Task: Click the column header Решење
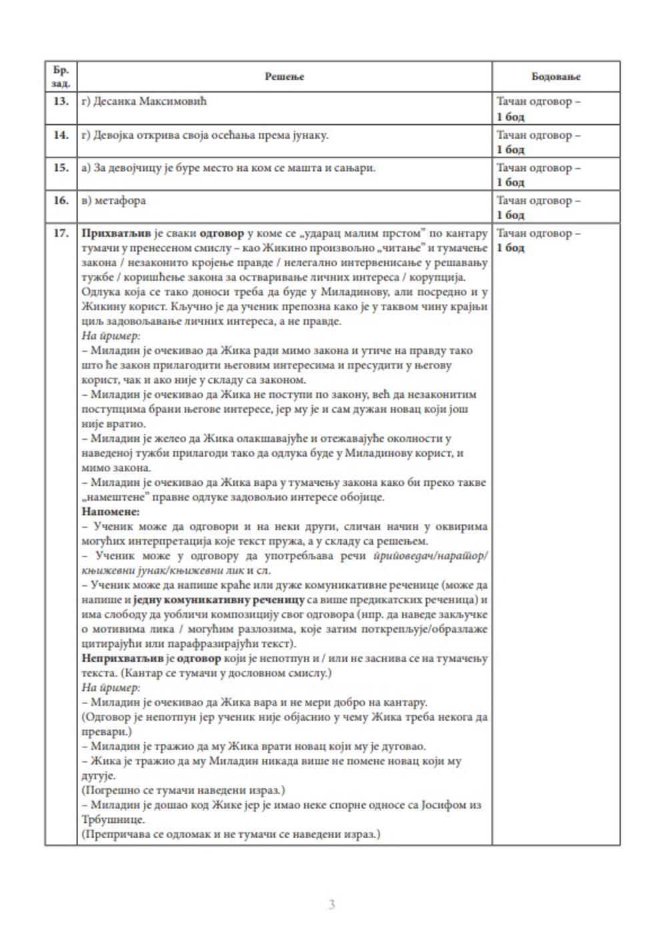pyautogui.click(x=284, y=77)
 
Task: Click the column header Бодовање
pyautogui.click(x=556, y=77)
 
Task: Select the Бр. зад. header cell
pyautogui.click(x=61, y=77)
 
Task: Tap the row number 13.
pyautogui.click(x=61, y=101)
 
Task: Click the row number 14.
pyautogui.click(x=61, y=135)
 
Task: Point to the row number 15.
pyautogui.click(x=61, y=168)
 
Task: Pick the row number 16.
pyautogui.click(x=61, y=200)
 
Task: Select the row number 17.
pyautogui.click(x=61, y=234)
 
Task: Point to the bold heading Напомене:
pyautogui.click(x=110, y=512)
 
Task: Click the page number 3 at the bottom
pyautogui.click(x=331, y=905)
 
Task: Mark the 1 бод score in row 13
pyautogui.click(x=510, y=117)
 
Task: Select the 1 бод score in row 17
pyautogui.click(x=510, y=248)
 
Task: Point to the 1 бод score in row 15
pyautogui.click(x=510, y=182)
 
